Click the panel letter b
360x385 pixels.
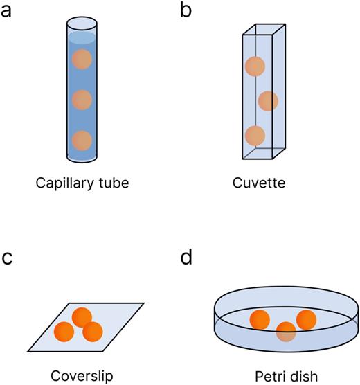[x=186, y=12]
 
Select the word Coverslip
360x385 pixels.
[x=82, y=375]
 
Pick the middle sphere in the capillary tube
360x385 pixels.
[x=82, y=100]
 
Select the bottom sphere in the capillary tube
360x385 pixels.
[x=82, y=140]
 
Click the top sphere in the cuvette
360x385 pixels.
[x=255, y=66]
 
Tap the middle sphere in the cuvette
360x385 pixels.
[x=268, y=101]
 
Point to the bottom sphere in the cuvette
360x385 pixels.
[x=255, y=135]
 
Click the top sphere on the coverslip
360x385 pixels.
[x=82, y=316]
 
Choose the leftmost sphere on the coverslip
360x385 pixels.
[x=64, y=331]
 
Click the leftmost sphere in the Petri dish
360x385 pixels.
[x=260, y=320]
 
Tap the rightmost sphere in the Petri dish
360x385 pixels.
[x=306, y=320]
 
